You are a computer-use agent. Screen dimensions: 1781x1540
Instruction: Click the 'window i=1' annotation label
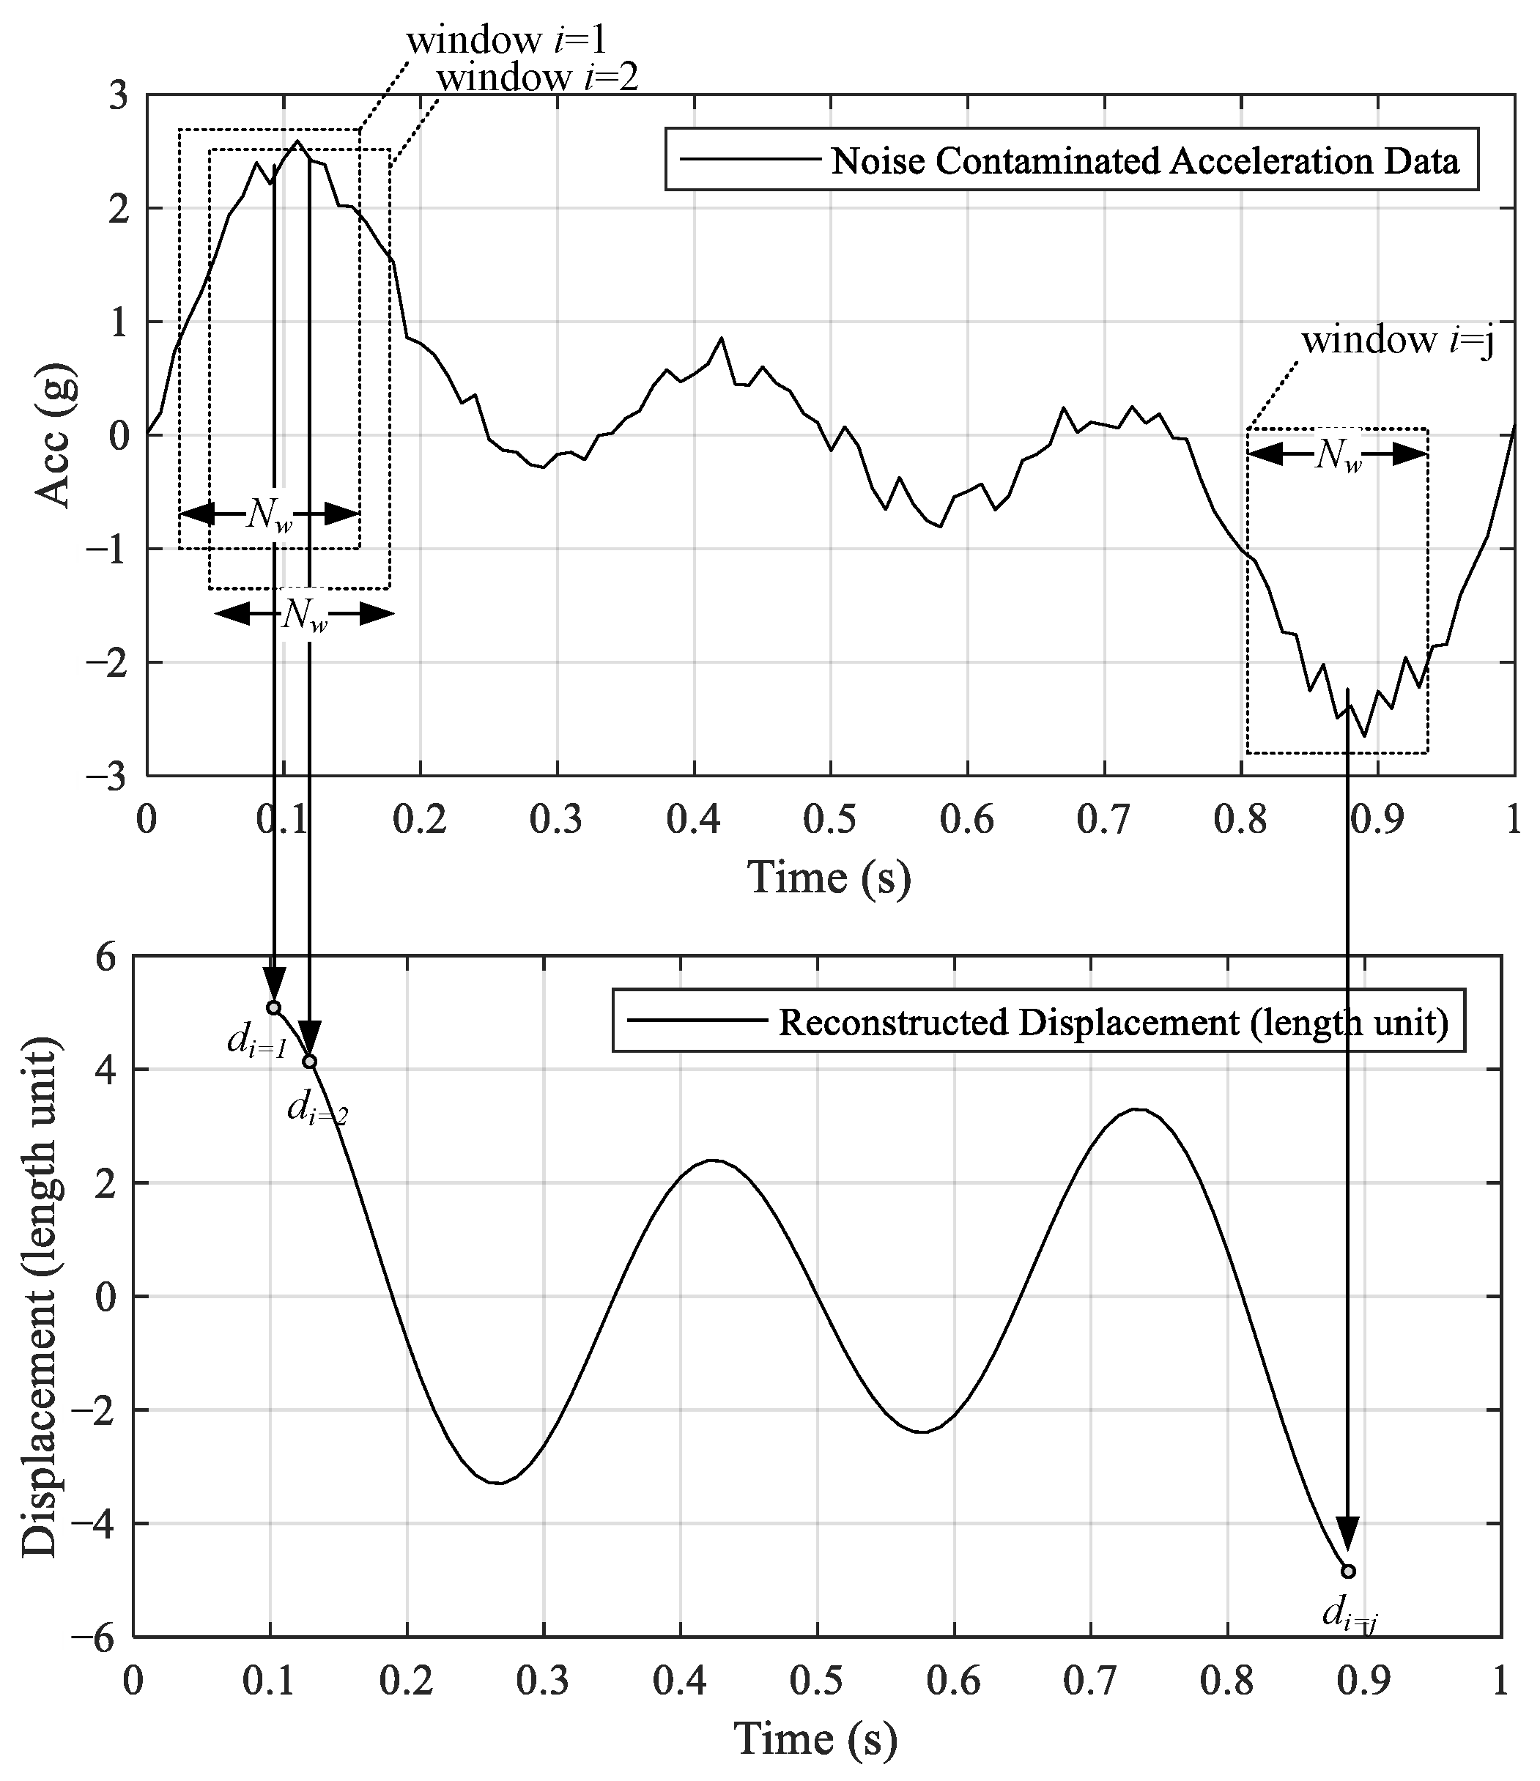pyautogui.click(x=507, y=40)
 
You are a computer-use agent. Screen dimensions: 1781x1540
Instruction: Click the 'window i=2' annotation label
pyautogui.click(x=537, y=78)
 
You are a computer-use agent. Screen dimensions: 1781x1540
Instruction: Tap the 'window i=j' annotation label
pyautogui.click(x=1397, y=341)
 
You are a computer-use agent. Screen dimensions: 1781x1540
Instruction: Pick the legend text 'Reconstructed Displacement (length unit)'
pyautogui.click(x=1113, y=1023)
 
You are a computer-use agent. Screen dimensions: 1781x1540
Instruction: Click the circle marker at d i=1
pyautogui.click(x=274, y=1007)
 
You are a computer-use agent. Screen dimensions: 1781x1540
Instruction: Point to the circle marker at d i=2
pyautogui.click(x=309, y=1062)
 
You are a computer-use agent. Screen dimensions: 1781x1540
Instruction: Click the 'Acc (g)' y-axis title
pyautogui.click(x=53, y=436)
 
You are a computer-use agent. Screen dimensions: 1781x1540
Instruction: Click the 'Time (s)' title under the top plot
pyautogui.click(x=829, y=878)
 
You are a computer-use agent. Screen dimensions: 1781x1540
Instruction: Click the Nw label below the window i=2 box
pyautogui.click(x=304, y=615)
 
